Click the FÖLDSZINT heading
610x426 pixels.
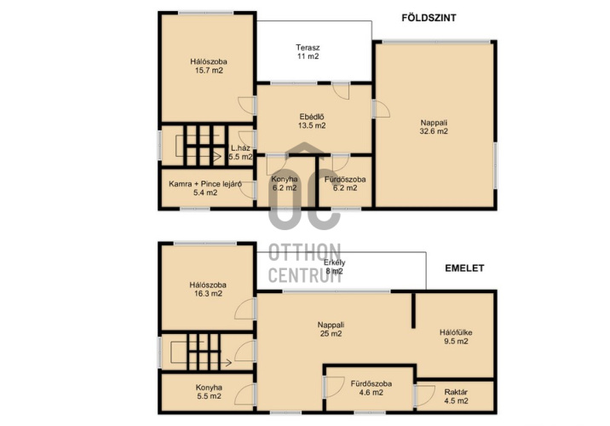(x=429, y=18)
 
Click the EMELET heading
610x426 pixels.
(x=464, y=268)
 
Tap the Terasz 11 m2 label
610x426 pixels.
(x=308, y=52)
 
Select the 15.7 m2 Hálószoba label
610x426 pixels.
(x=209, y=66)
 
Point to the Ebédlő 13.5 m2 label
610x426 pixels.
(x=312, y=121)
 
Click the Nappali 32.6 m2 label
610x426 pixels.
(x=434, y=127)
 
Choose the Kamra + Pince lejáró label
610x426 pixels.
(x=205, y=188)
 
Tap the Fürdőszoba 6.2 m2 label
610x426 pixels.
(x=345, y=184)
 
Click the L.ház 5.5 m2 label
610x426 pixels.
(x=240, y=153)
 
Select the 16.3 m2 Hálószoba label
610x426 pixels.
(x=208, y=289)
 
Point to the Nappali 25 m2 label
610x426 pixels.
(x=331, y=329)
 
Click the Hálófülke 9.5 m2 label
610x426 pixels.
(x=456, y=337)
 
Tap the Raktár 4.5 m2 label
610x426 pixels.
(x=456, y=396)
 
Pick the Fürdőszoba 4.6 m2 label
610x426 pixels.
(x=371, y=389)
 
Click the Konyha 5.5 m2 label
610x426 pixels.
(x=209, y=392)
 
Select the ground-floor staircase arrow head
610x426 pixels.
(x=217, y=157)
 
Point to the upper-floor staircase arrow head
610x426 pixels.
(x=228, y=363)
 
